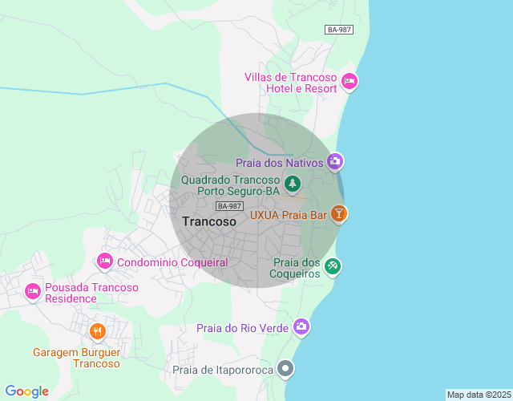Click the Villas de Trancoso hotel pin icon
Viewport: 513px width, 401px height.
coord(349,81)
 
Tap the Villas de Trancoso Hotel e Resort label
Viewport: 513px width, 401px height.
coord(291,83)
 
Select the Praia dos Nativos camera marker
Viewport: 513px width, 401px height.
coord(335,162)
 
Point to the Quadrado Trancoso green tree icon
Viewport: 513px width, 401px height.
coord(293,184)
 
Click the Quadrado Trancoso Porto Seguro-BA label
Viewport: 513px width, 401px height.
coord(230,186)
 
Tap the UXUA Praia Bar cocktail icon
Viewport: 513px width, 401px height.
coord(340,214)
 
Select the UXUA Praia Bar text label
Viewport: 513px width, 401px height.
coord(289,215)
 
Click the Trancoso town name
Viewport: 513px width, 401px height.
coord(209,221)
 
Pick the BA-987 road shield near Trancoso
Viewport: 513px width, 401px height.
coord(229,206)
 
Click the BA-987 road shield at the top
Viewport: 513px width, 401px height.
coord(339,30)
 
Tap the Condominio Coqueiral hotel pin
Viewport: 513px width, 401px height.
coord(104,261)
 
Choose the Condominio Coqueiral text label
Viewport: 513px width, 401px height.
coord(172,262)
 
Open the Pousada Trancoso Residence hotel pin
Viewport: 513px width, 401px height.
coord(33,290)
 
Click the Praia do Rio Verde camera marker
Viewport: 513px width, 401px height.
coord(301,326)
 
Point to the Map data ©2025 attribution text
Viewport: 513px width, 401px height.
coord(479,395)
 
